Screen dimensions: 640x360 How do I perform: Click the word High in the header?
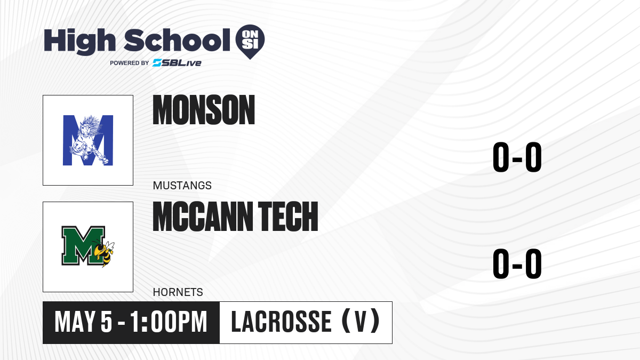coord(80,42)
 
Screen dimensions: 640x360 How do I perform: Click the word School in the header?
coord(177,41)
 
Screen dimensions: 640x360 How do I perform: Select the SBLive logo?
coord(177,63)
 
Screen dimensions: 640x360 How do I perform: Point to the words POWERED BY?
coord(130,63)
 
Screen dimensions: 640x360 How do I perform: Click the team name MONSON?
coord(204,110)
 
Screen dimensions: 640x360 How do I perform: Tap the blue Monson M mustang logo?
coord(88,140)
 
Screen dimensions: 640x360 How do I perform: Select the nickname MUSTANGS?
coord(182,186)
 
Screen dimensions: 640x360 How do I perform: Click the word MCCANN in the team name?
coord(203,217)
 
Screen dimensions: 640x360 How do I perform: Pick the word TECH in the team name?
coord(288,217)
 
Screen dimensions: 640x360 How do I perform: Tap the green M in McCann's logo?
coord(83,246)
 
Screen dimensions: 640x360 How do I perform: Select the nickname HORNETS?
coord(178,292)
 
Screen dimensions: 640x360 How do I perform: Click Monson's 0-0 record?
coord(517,157)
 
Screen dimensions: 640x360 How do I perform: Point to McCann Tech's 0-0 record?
coord(517,263)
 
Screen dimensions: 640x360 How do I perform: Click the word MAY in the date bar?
coord(75,322)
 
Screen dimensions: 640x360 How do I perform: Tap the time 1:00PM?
coord(169,322)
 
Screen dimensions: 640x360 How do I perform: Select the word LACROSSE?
coord(281,322)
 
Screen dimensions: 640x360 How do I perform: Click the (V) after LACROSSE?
coord(361,322)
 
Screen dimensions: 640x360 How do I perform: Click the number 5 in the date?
coord(106,322)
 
